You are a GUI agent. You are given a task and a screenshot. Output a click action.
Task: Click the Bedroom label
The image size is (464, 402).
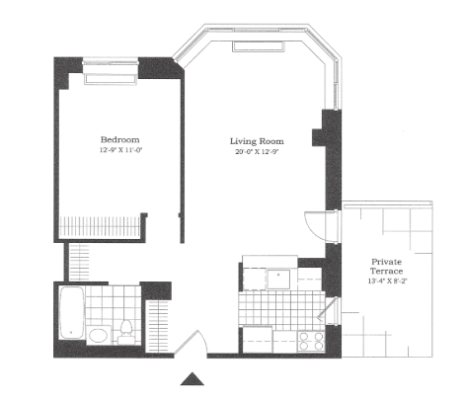[119, 139]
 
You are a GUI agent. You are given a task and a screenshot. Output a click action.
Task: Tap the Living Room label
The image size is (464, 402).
[257, 141]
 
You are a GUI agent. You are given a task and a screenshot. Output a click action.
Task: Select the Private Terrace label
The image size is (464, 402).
[386, 267]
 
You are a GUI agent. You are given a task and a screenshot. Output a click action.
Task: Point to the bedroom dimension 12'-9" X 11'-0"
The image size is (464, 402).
[120, 150]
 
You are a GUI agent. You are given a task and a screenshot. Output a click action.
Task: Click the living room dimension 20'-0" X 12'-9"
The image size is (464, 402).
[257, 152]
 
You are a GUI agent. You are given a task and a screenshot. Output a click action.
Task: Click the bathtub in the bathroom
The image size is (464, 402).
[71, 312]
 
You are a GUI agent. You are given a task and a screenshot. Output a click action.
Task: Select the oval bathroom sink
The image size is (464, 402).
[99, 336]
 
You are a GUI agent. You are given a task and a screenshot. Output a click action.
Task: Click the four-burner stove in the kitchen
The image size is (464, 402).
[311, 341]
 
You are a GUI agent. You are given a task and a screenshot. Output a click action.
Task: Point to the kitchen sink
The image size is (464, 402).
[278, 280]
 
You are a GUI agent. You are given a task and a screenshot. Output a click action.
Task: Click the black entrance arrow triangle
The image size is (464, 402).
[193, 378]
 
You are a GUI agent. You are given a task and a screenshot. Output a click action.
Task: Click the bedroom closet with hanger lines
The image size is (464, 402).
[100, 226]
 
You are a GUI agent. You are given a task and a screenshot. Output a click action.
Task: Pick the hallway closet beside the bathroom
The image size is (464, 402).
[158, 326]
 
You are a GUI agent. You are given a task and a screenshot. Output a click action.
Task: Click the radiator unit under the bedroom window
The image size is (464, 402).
[111, 80]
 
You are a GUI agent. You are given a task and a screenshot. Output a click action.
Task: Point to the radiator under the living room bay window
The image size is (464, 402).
[258, 46]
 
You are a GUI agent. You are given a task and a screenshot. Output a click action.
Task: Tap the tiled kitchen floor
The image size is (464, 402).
[281, 311]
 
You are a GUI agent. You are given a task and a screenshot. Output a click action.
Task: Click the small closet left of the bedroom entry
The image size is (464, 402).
[79, 263]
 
